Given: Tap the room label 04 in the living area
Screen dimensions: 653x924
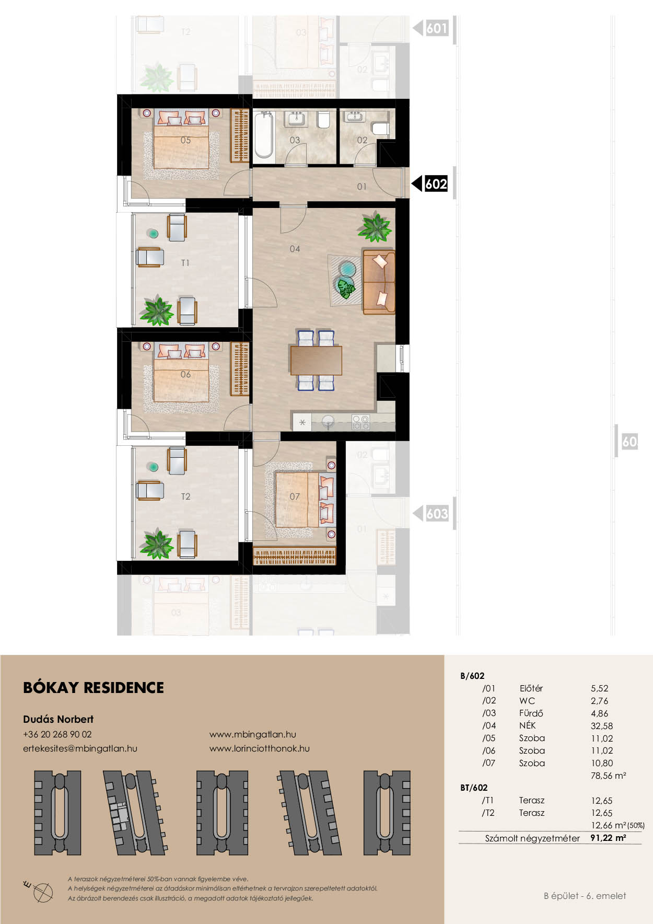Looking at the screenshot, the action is tap(295, 249).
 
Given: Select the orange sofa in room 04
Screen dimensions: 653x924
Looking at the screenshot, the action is tap(379, 282).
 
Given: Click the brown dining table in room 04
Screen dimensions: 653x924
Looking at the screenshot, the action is tap(316, 361).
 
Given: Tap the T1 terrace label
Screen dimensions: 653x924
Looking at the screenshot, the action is tap(185, 263).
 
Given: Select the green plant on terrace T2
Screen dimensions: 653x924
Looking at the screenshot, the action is tap(156, 544).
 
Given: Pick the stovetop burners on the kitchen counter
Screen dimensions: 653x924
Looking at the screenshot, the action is tap(361, 422).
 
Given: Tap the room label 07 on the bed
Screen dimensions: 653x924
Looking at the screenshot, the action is tap(295, 496).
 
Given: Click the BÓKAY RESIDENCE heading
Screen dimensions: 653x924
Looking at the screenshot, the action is tap(94, 688).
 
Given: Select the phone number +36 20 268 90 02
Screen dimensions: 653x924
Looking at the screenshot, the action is tap(57, 734).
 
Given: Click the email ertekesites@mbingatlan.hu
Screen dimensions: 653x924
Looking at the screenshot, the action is tap(80, 748).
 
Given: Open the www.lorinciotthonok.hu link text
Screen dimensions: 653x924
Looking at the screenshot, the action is tap(260, 748).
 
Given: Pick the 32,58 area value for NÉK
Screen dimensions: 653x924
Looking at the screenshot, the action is tap(602, 726).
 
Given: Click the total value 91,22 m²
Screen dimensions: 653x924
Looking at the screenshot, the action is tap(608, 838).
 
